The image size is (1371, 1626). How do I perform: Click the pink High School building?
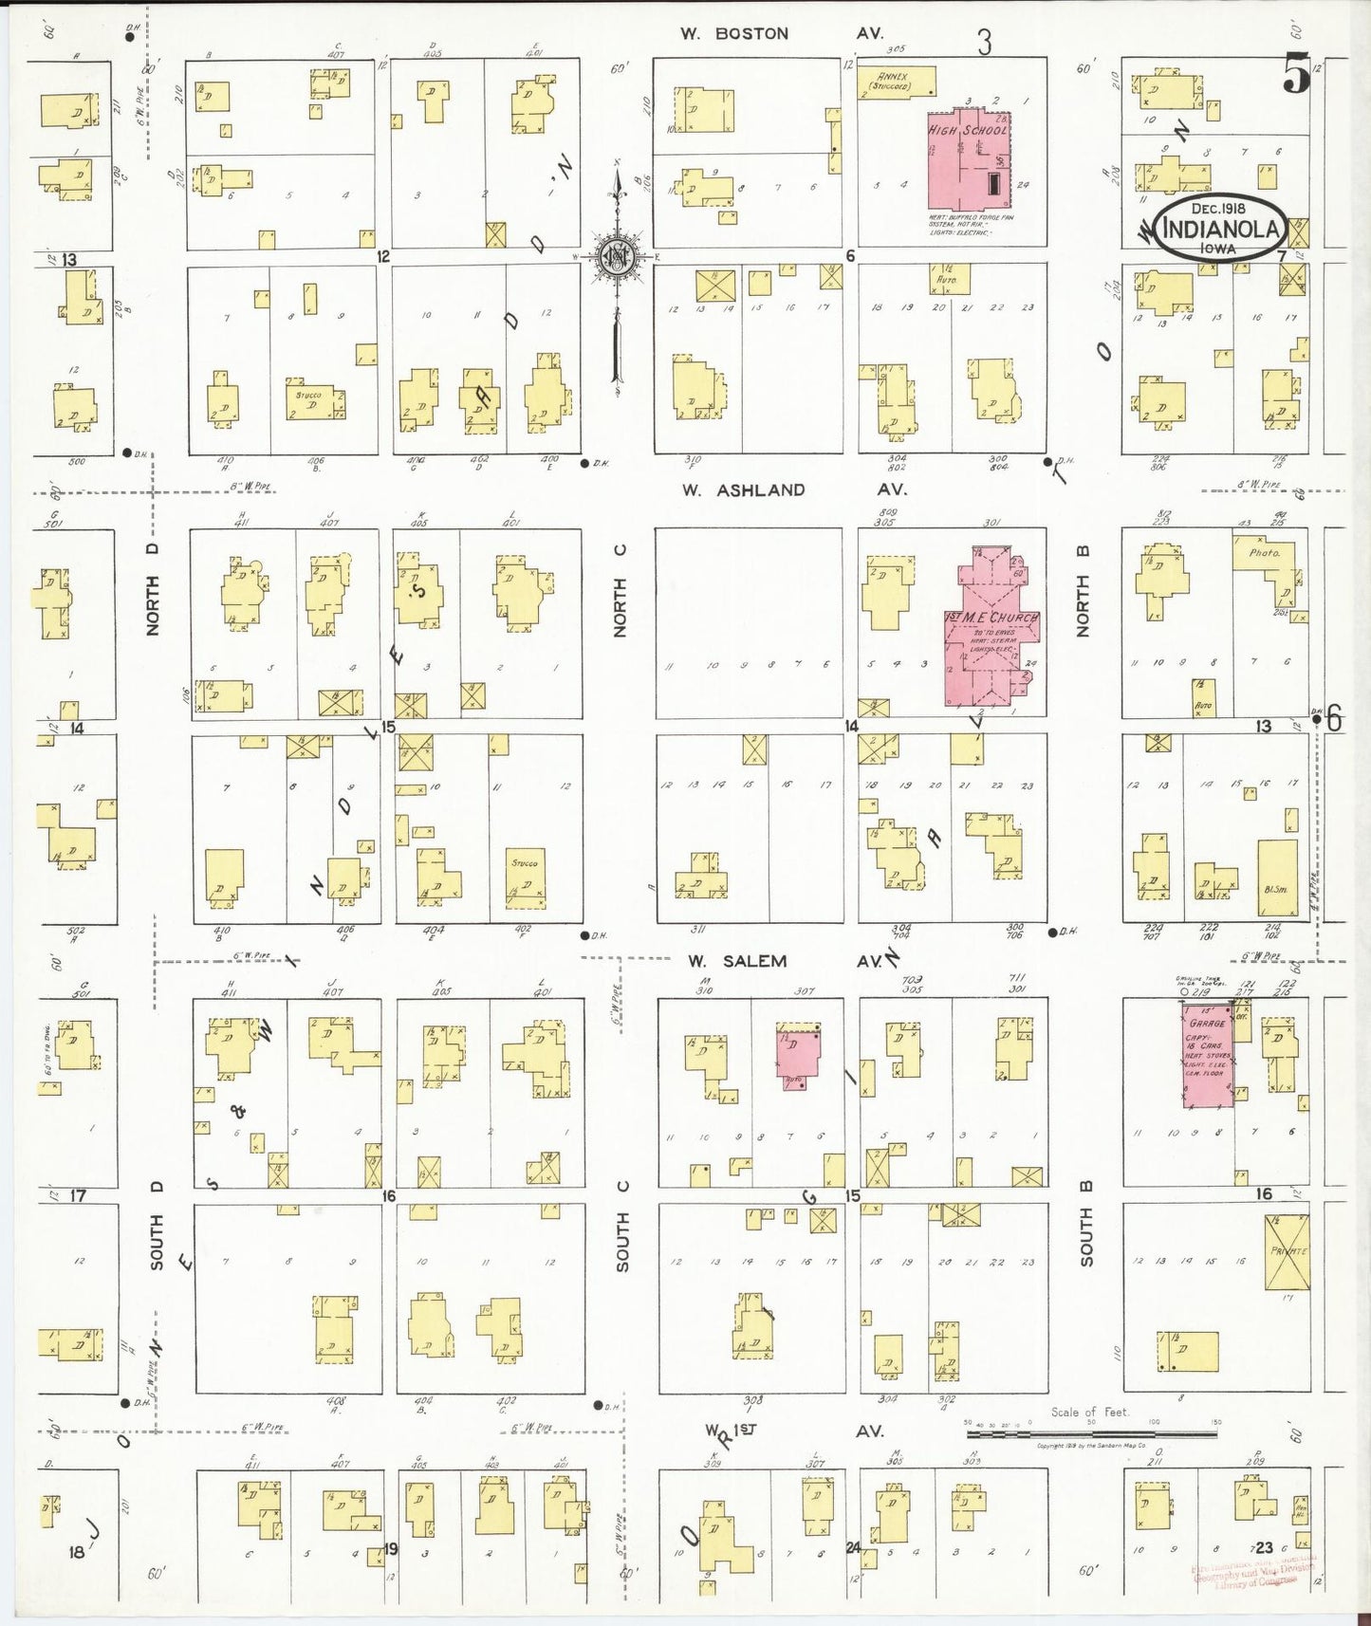968,160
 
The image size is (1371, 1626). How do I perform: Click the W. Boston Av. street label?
781,33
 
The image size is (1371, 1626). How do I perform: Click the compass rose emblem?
618,256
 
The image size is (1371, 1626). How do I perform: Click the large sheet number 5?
1296,75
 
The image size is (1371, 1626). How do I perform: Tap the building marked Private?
1288,1251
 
